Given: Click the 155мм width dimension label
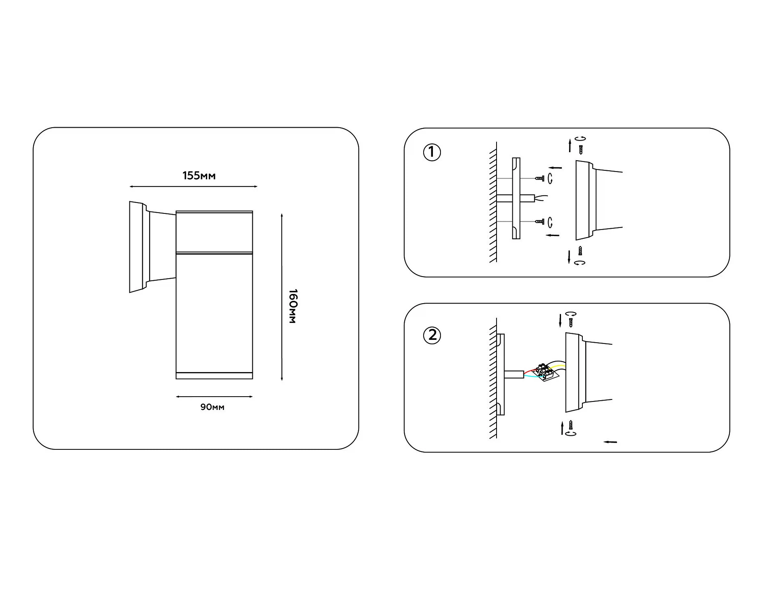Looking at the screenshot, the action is (199, 176).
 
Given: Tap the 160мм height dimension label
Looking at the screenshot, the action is (293, 306).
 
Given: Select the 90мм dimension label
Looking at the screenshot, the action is (212, 407).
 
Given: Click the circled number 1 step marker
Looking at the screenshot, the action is (432, 152).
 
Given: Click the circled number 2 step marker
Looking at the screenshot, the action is (432, 335).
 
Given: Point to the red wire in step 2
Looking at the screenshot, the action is (530, 372).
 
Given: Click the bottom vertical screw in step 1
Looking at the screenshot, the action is (580, 250).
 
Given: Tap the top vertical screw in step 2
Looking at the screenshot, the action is (571, 323).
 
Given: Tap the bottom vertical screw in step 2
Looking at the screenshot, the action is (570, 425).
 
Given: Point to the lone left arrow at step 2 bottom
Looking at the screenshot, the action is (610, 442).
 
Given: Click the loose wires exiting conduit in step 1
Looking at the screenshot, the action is (541, 198).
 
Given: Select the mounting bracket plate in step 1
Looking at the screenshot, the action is (516, 198).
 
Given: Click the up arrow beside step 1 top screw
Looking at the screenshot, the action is (570, 146).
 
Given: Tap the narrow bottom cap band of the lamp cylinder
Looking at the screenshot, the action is (214, 376).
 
